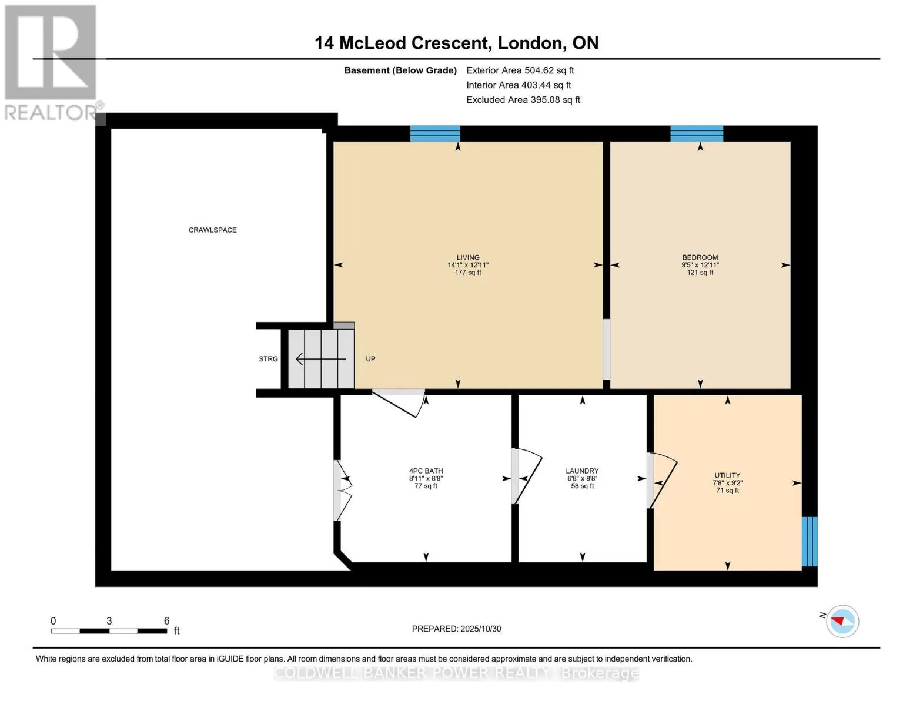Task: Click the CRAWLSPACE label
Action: tap(212, 230)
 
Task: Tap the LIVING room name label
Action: tap(467, 257)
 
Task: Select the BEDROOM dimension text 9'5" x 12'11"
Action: tap(700, 265)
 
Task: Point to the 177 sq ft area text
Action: tap(467, 273)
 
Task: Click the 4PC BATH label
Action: tap(426, 471)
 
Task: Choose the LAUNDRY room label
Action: tap(582, 471)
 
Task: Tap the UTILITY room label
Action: tap(727, 475)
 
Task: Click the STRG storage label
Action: tap(268, 359)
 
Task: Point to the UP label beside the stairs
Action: tap(370, 359)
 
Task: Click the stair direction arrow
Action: tap(321, 359)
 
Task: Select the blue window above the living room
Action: tap(435, 133)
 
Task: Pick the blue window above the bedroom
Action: tap(696, 133)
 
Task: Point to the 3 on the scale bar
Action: tap(109, 621)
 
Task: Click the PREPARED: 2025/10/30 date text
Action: tap(456, 629)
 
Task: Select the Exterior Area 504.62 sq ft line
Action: tap(520, 70)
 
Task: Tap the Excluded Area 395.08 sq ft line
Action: tap(523, 100)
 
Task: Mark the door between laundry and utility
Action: tap(662, 481)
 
